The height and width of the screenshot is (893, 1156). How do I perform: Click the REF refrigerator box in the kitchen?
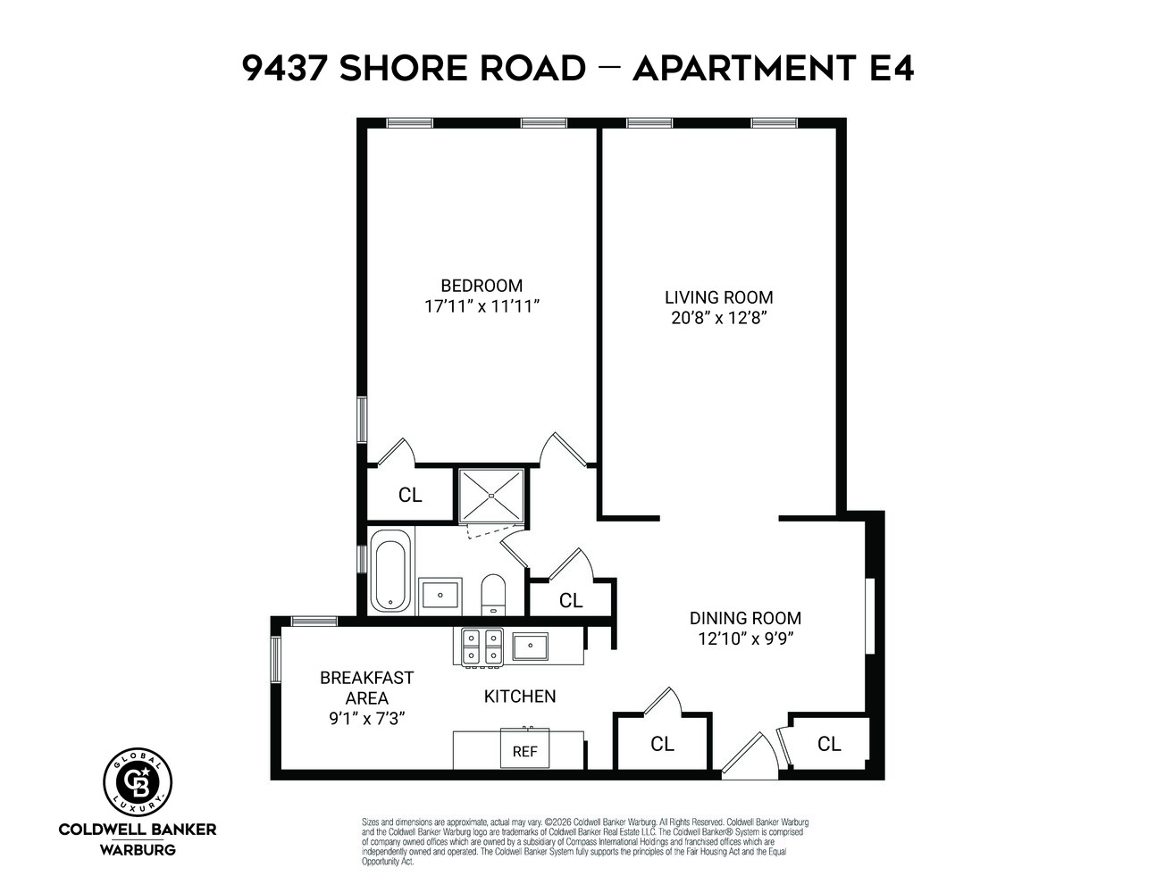point(524,750)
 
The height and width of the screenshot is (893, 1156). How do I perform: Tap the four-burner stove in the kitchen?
point(482,647)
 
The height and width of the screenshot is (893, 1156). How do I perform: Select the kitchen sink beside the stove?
point(530,646)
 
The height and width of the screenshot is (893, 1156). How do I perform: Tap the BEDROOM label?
point(482,286)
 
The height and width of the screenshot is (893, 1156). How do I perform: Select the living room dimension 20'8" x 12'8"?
point(719,318)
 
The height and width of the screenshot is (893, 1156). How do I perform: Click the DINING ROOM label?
point(745,618)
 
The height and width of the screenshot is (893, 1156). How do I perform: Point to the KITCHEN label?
point(520,697)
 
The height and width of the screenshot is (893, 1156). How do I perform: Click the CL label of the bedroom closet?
point(410,495)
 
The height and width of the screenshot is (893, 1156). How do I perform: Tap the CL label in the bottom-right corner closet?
point(829,744)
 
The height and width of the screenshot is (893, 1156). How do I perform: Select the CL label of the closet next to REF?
point(662,744)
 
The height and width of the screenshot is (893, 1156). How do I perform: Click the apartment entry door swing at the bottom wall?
point(746,757)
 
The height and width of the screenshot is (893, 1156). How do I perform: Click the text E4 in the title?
point(891,69)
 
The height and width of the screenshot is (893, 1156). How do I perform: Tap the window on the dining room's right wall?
point(868,616)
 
